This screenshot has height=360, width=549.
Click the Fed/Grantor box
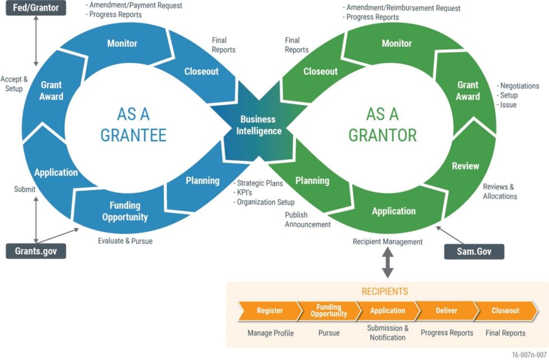click(x=36, y=8)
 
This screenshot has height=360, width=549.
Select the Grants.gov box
click(x=36, y=251)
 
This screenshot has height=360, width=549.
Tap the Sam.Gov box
click(x=474, y=251)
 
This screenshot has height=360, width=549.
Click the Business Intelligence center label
click(x=258, y=125)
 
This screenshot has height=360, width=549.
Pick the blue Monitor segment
click(x=122, y=43)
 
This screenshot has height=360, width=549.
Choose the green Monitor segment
click(x=397, y=43)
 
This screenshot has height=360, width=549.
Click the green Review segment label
click(x=466, y=166)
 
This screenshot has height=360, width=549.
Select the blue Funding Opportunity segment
click(x=125, y=211)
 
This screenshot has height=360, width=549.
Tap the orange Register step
click(x=269, y=311)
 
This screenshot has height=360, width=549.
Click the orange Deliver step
click(x=446, y=311)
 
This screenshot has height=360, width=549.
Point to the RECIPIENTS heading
click(x=384, y=292)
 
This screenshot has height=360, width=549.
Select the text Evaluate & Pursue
click(x=125, y=241)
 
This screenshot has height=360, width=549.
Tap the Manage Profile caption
click(x=271, y=333)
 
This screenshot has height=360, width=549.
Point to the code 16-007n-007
click(x=528, y=354)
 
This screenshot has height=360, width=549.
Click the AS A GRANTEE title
click(x=133, y=124)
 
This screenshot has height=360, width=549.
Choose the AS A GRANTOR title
click(x=383, y=124)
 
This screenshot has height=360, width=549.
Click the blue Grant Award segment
click(x=52, y=91)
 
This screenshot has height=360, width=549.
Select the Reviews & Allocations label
click(x=500, y=191)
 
